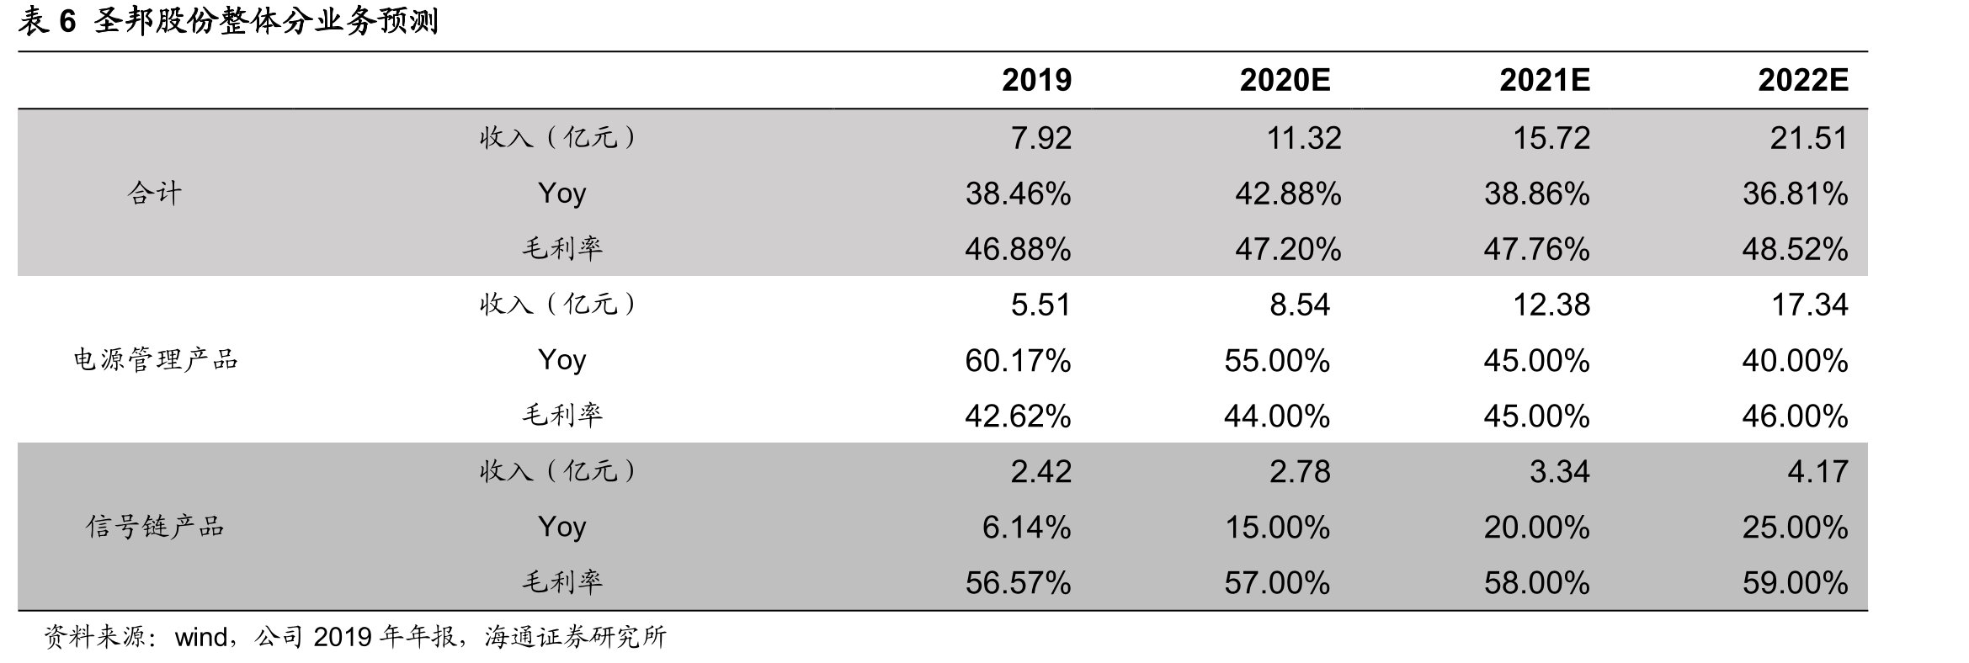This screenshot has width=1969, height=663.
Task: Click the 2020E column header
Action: coord(1285,80)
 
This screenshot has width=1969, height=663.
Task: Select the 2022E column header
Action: coord(1803,80)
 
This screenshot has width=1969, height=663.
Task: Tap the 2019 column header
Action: coord(1036,80)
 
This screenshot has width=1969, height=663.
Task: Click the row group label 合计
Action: coord(155,194)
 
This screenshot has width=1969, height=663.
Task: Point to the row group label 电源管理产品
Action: coord(156,360)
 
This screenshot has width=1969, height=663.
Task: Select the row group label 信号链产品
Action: coord(156,527)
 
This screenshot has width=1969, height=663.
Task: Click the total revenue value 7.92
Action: coord(1041,138)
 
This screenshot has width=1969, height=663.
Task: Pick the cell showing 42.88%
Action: coord(1288,194)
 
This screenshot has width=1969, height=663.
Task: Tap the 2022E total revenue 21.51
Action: coord(1809,138)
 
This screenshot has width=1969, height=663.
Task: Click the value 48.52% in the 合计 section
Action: coord(1796,249)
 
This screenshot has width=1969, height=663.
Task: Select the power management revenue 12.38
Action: coord(1551,305)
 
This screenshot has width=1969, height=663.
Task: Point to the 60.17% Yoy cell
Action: coord(1018,360)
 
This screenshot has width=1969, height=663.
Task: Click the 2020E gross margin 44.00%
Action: coord(1277,416)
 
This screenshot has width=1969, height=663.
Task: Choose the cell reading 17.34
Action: coord(1810,305)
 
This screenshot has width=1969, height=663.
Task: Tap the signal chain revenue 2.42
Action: coord(1041,471)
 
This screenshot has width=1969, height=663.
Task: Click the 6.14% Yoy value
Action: coord(1027,527)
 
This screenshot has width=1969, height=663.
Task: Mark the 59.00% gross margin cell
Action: coord(1796,582)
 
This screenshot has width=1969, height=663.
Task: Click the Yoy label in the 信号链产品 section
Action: coord(561,527)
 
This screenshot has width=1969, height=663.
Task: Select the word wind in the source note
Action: coord(200,637)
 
